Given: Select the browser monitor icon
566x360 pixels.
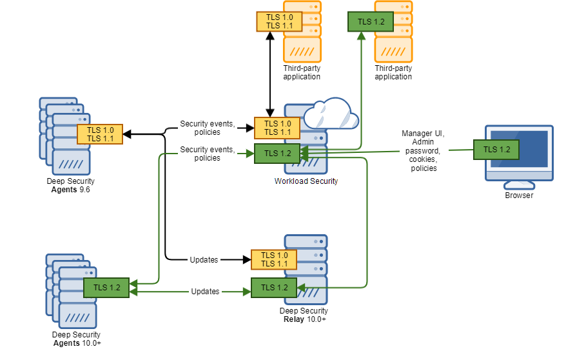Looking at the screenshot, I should tap(519, 155).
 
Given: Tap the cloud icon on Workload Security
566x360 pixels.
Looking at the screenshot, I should tap(330, 114).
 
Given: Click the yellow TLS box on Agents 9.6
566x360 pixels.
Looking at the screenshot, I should tap(99, 134).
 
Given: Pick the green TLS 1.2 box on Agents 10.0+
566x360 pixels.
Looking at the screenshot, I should tap(106, 288).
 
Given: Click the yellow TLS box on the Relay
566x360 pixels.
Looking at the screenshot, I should tap(274, 259).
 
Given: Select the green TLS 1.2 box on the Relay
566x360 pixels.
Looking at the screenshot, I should tap(274, 288).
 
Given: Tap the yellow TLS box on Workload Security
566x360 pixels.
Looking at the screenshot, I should tap(277, 128).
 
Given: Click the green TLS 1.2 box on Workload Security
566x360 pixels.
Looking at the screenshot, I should tap(277, 154).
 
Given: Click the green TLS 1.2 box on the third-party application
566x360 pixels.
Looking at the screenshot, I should tap(371, 21).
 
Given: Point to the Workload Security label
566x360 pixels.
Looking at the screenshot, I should tap(306, 181).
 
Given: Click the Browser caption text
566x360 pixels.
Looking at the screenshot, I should tap(519, 195).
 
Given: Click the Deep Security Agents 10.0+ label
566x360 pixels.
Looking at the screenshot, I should tap(76, 339).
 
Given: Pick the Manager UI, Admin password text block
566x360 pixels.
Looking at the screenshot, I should tap(423, 151).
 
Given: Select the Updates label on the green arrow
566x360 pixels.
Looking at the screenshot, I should tap(205, 292).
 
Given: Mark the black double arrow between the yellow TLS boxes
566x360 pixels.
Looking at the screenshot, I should tap(269, 74).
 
